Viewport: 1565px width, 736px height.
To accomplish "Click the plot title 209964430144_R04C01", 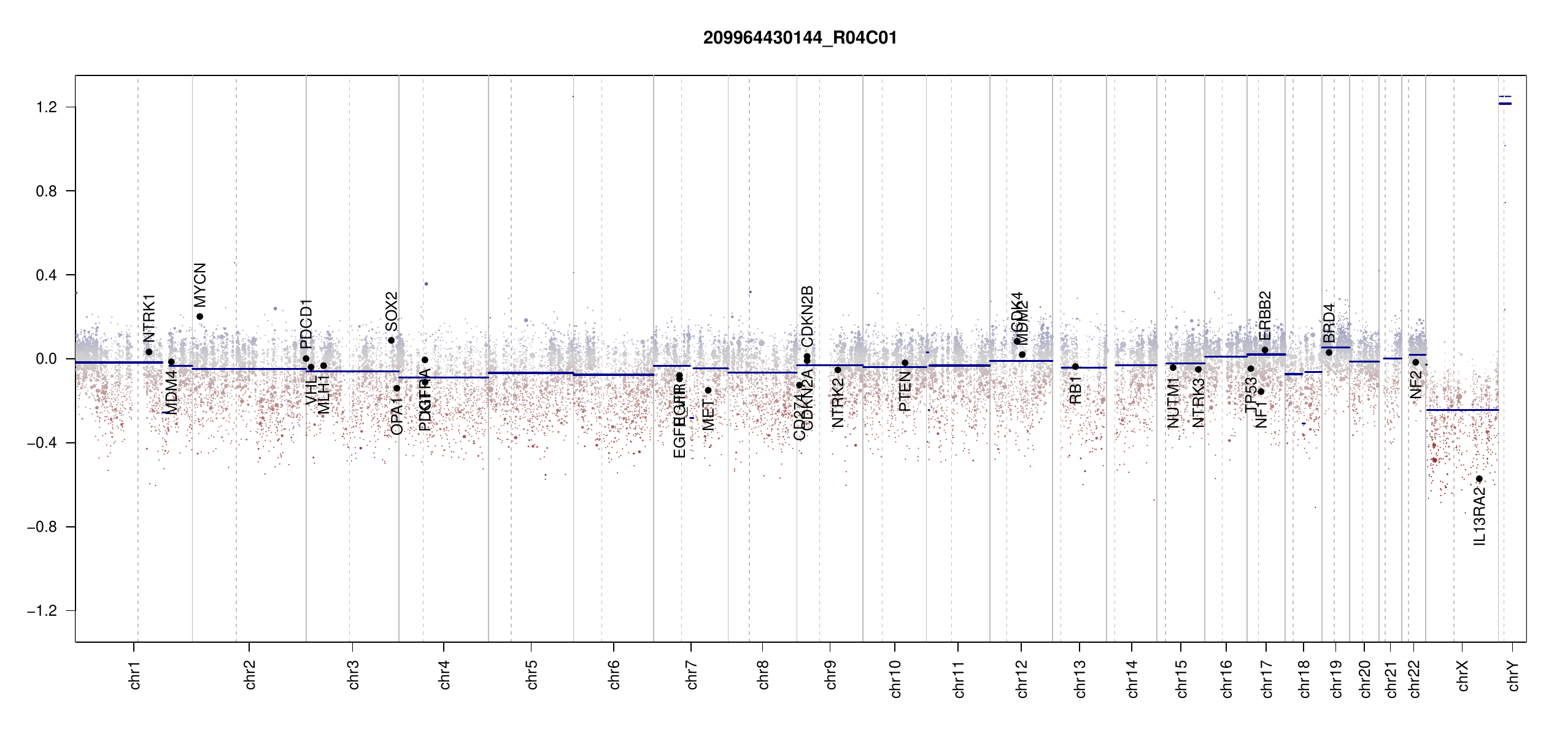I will click(x=800, y=38).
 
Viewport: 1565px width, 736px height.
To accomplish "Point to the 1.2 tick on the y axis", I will click(x=46, y=107).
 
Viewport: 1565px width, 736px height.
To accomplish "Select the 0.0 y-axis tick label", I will click(x=46, y=359).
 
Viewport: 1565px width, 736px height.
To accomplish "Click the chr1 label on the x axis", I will click(x=135, y=675).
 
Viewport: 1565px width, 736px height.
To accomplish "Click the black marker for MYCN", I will click(x=199, y=316).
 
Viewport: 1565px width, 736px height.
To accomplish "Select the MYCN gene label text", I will click(x=200, y=285).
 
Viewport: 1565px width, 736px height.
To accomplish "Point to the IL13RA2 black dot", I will click(x=1479, y=479).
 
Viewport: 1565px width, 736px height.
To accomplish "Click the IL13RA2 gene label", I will click(x=1480, y=516).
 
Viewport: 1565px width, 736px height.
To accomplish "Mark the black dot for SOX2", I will click(x=391, y=340).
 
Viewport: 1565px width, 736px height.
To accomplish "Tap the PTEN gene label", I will click(x=905, y=391).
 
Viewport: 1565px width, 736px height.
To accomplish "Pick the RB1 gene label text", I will click(x=1075, y=390).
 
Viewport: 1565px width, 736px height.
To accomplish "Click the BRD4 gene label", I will click(x=1329, y=323).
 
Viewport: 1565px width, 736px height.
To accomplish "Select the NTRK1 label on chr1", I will click(x=149, y=318).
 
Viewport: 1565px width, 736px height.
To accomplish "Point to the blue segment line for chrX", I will click(x=1462, y=410).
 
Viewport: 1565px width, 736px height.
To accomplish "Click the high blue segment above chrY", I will click(x=1505, y=104).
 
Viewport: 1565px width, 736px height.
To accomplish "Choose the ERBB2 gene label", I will click(x=1265, y=315).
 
